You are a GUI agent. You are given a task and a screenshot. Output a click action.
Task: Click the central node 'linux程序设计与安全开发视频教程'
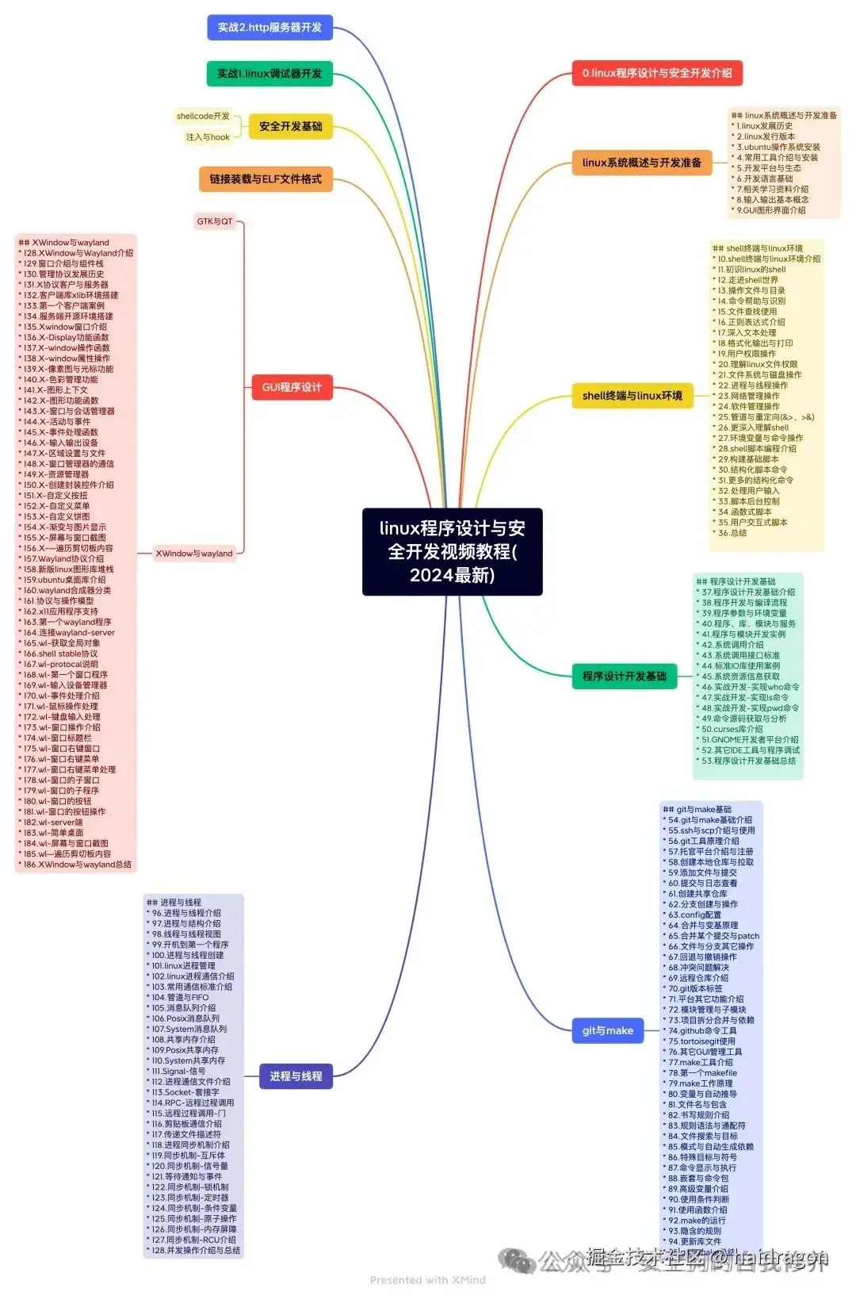[452, 551]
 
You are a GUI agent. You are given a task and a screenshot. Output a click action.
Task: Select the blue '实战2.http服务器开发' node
[269, 28]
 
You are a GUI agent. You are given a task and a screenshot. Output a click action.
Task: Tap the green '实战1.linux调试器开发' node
[269, 74]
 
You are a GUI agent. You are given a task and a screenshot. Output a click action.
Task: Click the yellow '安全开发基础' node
[290, 126]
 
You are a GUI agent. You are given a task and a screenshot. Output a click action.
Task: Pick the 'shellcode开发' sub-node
[203, 116]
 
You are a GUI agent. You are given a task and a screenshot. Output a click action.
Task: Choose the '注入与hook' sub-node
[208, 137]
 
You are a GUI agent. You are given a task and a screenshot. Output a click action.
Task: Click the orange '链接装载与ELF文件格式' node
[266, 179]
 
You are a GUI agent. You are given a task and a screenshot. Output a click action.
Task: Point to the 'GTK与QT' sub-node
[215, 221]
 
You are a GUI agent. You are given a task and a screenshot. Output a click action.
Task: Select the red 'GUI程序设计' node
[292, 387]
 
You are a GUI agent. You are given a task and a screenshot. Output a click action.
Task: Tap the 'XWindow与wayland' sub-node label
[194, 554]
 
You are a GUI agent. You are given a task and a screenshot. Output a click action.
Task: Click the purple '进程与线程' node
[296, 1076]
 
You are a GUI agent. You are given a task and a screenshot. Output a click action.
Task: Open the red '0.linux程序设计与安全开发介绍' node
[657, 73]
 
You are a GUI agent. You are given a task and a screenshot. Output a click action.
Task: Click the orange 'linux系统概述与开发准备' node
[641, 163]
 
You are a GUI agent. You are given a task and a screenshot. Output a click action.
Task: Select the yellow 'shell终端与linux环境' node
[632, 395]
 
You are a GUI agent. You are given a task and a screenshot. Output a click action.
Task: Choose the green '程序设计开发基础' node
[624, 677]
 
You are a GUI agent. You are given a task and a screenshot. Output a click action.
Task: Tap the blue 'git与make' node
[607, 1030]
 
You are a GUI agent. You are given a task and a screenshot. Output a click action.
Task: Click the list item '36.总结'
[732, 533]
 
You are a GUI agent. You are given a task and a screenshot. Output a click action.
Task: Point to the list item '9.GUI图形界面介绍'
[770, 210]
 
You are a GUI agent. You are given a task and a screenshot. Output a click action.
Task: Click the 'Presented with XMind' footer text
[427, 1279]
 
